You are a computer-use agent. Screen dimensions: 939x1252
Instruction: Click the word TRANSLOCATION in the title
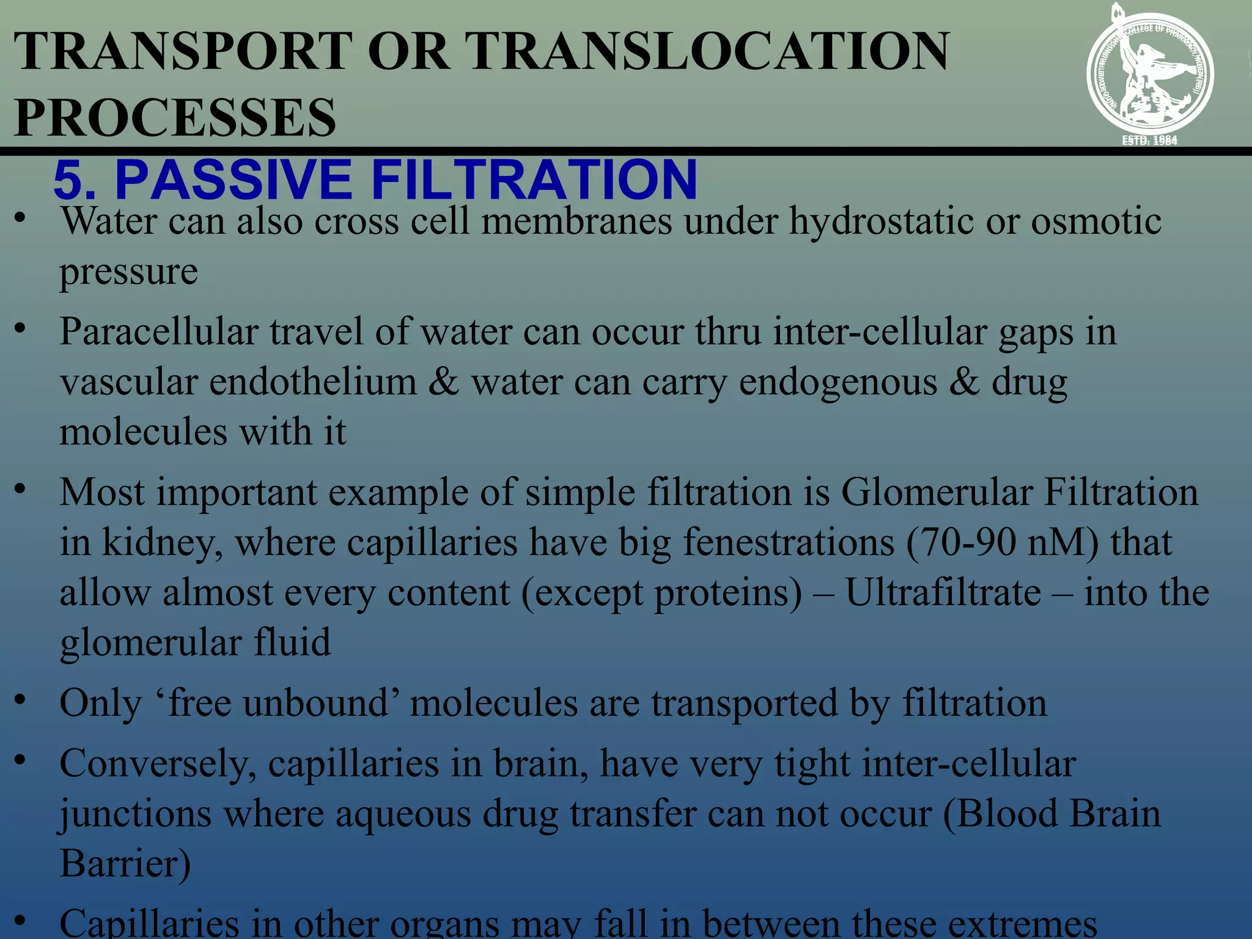[709, 51]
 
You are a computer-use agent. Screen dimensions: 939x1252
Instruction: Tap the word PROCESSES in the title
[175, 117]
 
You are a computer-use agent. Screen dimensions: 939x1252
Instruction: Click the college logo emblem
[1149, 73]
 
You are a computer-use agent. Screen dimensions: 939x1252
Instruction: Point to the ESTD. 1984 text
[1149, 141]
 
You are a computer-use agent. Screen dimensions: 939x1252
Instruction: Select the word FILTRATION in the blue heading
[533, 180]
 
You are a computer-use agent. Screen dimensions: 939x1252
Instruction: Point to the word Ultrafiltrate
[943, 593]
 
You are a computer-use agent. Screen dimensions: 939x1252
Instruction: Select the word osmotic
[1095, 221]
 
